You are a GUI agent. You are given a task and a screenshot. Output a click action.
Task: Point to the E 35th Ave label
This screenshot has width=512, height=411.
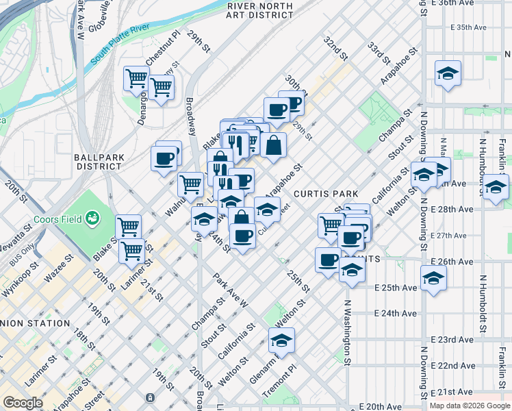coord(468,27)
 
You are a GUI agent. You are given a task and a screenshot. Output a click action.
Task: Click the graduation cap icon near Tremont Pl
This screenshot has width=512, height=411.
coord(281,340)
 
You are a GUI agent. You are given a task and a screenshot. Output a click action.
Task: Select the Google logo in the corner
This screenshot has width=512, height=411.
coord(22,403)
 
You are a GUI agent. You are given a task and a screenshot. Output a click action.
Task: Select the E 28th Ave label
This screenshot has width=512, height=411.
coord(454,209)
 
